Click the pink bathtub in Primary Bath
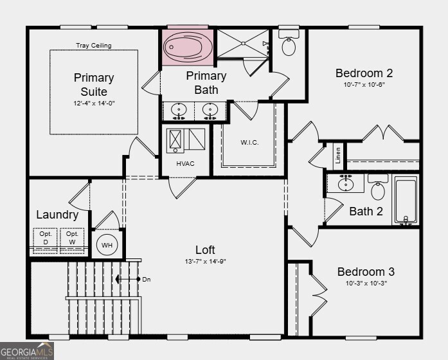pyautogui.click(x=186, y=46)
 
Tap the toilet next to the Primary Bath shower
pyautogui.click(x=289, y=45)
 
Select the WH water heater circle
pyautogui.click(x=106, y=245)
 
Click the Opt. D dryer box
pyautogui.click(x=45, y=237)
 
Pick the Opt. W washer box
pyautogui.click(x=73, y=237)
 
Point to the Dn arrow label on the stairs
pyautogui.click(x=147, y=280)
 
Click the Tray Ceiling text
pyautogui.click(x=93, y=46)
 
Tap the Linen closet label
pyautogui.click(x=337, y=156)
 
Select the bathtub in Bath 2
pyautogui.click(x=405, y=200)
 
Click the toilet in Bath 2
pyautogui.click(x=378, y=189)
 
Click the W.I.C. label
pyautogui.click(x=249, y=143)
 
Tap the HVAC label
pyautogui.click(x=185, y=163)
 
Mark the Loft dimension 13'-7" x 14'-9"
pyautogui.click(x=205, y=262)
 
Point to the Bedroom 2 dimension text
pyautogui.click(x=364, y=84)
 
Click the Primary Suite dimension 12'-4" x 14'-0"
pyautogui.click(x=93, y=104)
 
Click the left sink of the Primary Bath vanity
pyautogui.click(x=179, y=110)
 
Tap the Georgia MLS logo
pyautogui.click(x=27, y=350)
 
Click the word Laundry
pyautogui.click(x=57, y=215)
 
